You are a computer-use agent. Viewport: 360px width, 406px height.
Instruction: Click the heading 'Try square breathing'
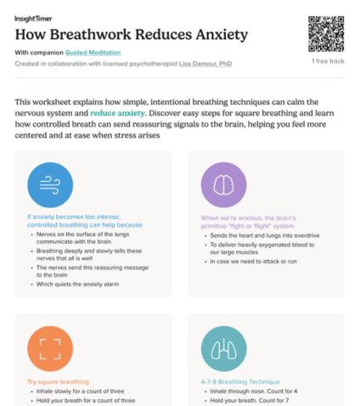[x=58, y=382]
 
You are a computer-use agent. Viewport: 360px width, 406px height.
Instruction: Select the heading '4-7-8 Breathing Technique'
[x=239, y=382]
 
